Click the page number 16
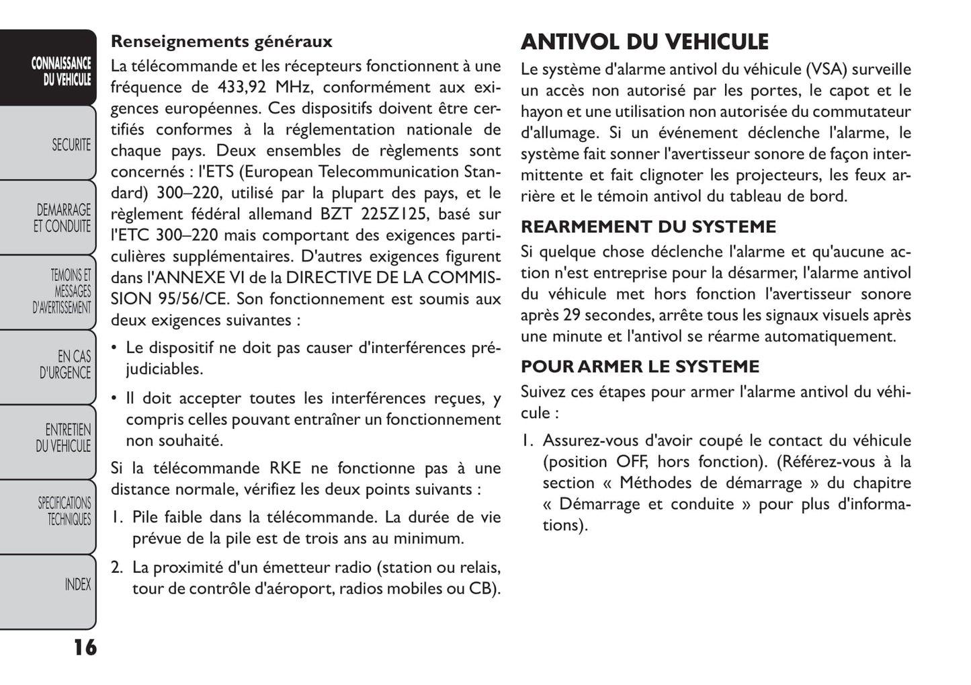85,647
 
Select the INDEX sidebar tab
77,585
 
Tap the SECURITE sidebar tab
71,145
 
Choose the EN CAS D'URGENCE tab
65,364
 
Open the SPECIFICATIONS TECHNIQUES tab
65,511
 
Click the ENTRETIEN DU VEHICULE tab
64,438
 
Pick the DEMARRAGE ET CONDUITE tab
62,218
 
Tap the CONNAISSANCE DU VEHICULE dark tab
61,71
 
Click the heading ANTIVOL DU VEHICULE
644,42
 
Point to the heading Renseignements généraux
221,42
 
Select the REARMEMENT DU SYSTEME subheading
648,227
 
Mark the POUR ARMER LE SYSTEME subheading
640,366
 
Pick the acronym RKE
286,469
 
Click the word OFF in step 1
632,462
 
